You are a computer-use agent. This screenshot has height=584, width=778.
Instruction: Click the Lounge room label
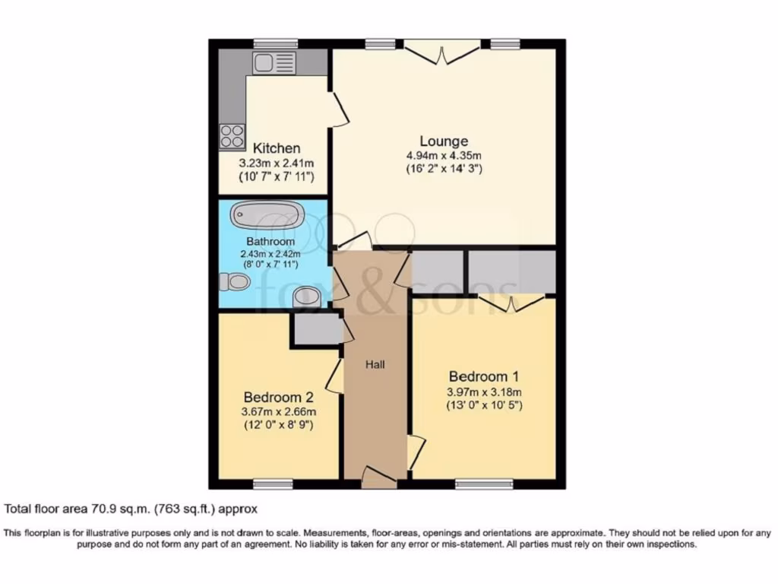coord(444,141)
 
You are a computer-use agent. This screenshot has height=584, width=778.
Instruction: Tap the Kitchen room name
coord(276,148)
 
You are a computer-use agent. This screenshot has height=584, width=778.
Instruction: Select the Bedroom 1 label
coord(484,376)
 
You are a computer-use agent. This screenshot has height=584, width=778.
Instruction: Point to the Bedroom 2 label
coord(278,397)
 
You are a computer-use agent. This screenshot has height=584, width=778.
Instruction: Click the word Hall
coord(375,365)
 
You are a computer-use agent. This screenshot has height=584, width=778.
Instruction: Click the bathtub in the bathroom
coord(267,214)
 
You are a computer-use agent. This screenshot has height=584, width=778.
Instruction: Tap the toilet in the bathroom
coord(234,282)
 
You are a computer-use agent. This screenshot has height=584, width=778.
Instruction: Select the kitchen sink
coord(274,63)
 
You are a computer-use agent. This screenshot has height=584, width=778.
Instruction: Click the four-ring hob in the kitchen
coord(232,136)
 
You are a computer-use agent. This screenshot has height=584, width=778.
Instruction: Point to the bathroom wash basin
coord(306,295)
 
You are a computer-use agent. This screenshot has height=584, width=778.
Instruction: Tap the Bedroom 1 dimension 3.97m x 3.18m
coord(484,392)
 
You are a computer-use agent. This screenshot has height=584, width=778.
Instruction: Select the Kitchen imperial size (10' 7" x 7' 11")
coord(276,176)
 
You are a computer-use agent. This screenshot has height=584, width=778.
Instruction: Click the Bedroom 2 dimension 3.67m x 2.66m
coord(278,411)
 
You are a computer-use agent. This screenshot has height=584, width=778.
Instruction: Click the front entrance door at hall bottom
coord(378,478)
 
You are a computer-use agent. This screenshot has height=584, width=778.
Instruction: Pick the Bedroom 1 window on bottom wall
coord(484,484)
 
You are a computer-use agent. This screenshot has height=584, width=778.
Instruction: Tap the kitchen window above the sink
coord(275,43)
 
